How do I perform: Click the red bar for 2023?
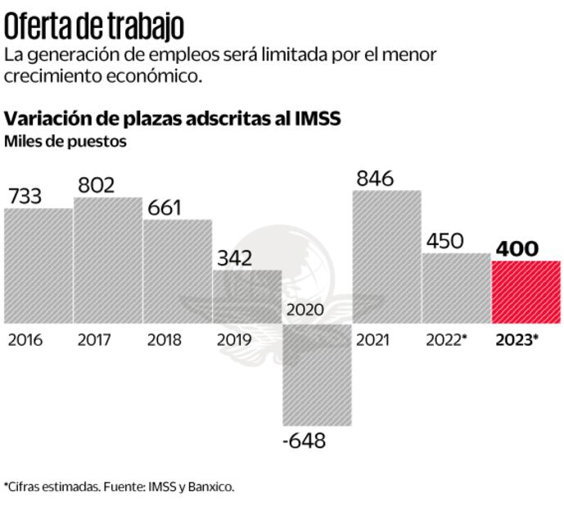[x=526, y=292]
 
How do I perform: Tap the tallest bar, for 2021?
[x=387, y=256]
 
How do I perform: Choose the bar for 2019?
[x=247, y=296]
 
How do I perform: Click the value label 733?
[x=25, y=196]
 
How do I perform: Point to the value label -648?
[x=305, y=440]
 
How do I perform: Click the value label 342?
[x=235, y=257]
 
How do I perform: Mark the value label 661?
[x=165, y=207]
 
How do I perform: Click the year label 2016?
[x=25, y=340]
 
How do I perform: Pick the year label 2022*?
[x=446, y=340]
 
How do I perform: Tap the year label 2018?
[x=165, y=340]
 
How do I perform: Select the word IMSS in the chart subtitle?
[x=316, y=119]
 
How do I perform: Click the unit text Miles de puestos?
[x=65, y=141]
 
